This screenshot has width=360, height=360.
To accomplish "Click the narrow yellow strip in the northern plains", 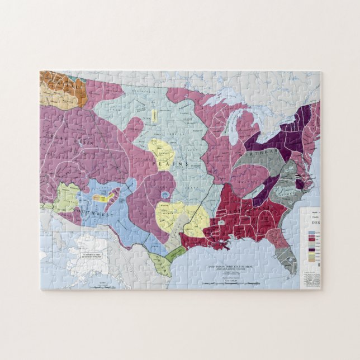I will pos(150,115).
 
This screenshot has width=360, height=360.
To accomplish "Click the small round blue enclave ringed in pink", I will pos(167,195).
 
